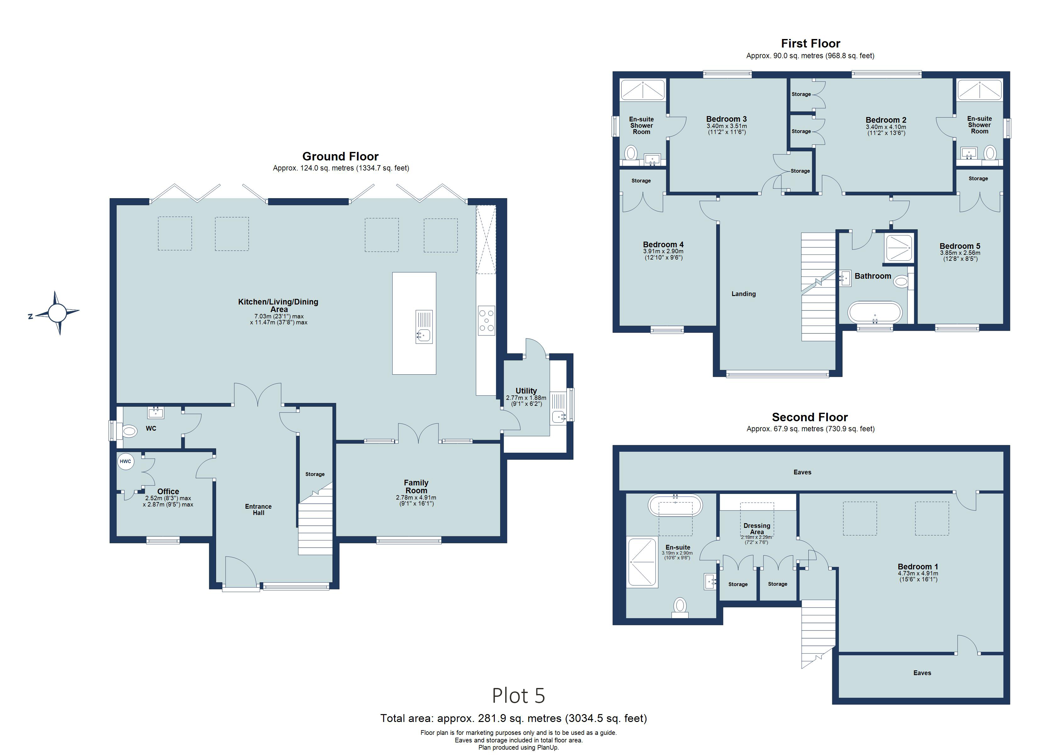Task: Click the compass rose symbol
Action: click(x=57, y=313)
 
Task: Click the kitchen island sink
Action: click(x=424, y=336)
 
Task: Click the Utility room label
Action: click(x=526, y=390)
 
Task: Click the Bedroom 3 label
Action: click(x=726, y=119)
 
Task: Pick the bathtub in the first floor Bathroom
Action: click(x=875, y=313)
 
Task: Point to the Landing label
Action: click(x=743, y=294)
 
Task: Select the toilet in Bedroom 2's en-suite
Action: click(x=990, y=153)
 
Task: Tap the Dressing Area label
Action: click(x=756, y=528)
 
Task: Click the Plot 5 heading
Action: click(x=518, y=696)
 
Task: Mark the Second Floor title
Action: click(x=810, y=417)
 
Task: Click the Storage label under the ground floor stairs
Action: click(x=315, y=474)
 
